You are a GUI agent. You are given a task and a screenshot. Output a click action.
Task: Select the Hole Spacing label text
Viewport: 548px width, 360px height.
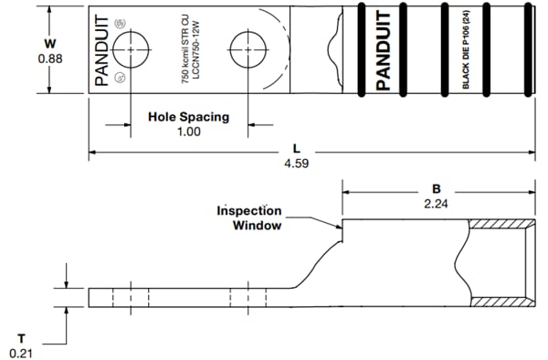pyautogui.click(x=187, y=117)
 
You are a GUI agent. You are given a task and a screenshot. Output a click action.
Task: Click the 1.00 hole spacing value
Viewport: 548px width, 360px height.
pyautogui.click(x=187, y=132)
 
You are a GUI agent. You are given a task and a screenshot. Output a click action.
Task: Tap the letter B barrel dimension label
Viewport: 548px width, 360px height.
pyautogui.click(x=437, y=188)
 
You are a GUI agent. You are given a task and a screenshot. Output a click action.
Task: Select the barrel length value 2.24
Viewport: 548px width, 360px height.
pyautogui.click(x=437, y=204)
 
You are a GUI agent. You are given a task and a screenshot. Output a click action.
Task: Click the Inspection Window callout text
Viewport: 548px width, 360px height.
pyautogui.click(x=248, y=217)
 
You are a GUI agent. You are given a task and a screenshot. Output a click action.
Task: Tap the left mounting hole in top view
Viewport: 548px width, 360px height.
pyautogui.click(x=133, y=48)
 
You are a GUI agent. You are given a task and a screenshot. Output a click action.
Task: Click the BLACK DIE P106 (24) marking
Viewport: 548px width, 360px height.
pyautogui.click(x=467, y=50)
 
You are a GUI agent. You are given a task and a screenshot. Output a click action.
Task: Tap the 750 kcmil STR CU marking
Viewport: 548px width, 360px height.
pyautogui.click(x=185, y=50)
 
